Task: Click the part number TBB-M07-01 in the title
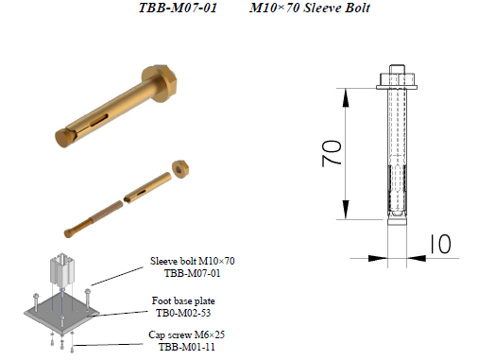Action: tap(178, 8)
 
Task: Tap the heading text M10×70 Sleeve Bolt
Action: tap(310, 8)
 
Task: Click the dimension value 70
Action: tap(332, 153)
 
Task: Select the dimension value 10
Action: tap(440, 244)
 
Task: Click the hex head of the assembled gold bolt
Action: tap(160, 83)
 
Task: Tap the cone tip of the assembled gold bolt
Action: tap(62, 138)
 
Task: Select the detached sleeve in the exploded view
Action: tap(147, 188)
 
